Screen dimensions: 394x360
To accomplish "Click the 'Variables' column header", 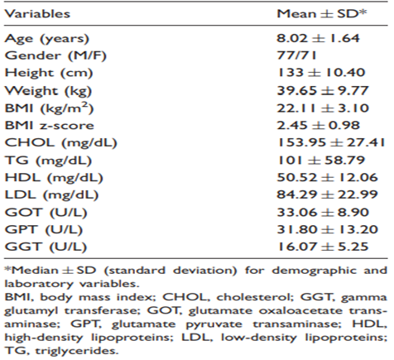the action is pyautogui.click(x=37, y=14).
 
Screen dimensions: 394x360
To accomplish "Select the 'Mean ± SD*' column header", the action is pyautogui.click(x=322, y=13).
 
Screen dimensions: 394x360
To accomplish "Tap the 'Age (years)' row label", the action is pyautogui.click(x=47, y=39).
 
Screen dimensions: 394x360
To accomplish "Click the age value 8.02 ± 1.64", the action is pyautogui.click(x=318, y=38).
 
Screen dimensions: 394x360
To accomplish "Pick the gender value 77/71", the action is pyautogui.click(x=296, y=55).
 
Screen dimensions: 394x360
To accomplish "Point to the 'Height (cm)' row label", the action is pyautogui.click(x=49, y=73).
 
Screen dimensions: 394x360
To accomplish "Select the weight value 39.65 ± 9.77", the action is pyautogui.click(x=323, y=90).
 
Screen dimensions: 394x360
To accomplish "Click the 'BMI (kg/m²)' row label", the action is pyautogui.click(x=49, y=108).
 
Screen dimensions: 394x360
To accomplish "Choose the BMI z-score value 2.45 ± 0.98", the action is pyautogui.click(x=319, y=125).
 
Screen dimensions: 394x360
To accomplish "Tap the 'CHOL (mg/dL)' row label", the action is pyautogui.click(x=61, y=143).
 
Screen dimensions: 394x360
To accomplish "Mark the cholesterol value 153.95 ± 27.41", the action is pyautogui.click(x=331, y=142).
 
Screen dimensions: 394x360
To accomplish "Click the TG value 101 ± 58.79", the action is pyautogui.click(x=321, y=160).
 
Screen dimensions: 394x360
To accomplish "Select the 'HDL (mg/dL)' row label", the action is pyautogui.click(x=54, y=178).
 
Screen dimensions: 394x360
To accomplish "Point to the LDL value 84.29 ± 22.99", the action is pyautogui.click(x=327, y=194).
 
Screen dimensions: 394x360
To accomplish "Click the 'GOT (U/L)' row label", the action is pyautogui.click(x=46, y=213).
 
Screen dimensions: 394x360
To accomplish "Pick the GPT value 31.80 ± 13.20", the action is pyautogui.click(x=328, y=229).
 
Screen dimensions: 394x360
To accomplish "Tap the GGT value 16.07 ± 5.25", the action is pyautogui.click(x=323, y=247).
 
